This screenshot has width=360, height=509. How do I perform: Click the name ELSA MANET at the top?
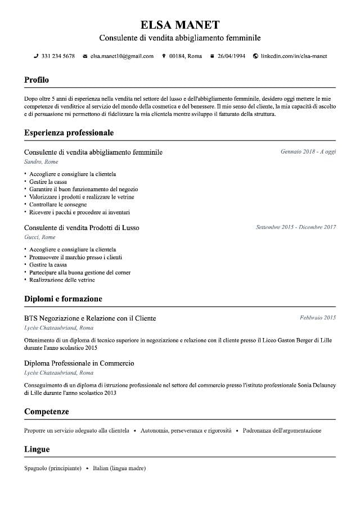[180, 25]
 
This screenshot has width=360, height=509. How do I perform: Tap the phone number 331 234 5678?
[58, 56]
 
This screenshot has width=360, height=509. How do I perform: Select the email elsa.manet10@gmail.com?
[122, 56]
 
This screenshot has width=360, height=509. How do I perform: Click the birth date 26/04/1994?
[231, 56]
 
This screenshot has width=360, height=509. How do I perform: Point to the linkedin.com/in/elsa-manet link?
[294, 56]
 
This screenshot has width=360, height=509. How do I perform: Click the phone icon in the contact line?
[36, 56]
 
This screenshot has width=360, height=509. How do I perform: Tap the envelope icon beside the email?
[85, 56]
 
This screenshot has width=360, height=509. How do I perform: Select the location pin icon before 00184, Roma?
[164, 56]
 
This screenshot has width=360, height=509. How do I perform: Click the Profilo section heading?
[37, 80]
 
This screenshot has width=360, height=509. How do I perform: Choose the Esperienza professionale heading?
[69, 133]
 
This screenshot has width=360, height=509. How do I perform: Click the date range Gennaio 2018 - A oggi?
[308, 152]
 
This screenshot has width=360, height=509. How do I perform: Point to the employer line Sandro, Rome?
[41, 162]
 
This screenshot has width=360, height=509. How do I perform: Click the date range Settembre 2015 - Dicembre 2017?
[296, 227]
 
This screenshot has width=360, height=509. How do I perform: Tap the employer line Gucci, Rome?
[40, 237]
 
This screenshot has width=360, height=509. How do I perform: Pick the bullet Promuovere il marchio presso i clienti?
[75, 257]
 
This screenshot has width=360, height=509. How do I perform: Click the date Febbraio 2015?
[318, 318]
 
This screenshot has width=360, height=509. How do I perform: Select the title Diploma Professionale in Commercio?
[79, 363]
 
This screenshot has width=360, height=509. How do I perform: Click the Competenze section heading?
[47, 412]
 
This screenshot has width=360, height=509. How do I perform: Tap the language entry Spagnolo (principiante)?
[53, 468]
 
